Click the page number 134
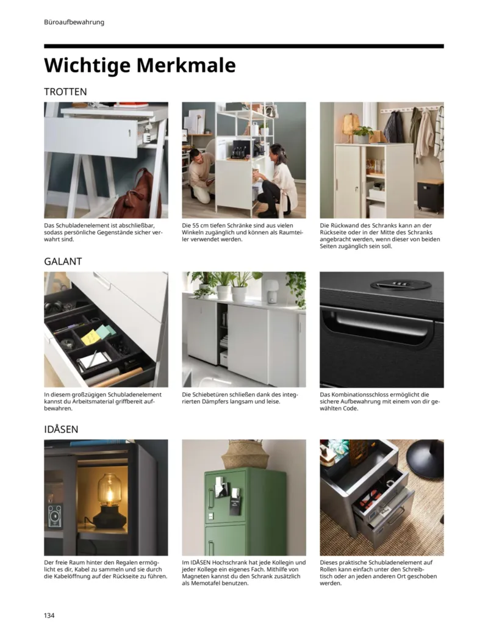pyautogui.click(x=49, y=615)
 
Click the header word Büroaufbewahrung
pyautogui.click(x=74, y=22)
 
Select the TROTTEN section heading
pyautogui.click(x=65, y=91)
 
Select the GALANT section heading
pyautogui.click(x=63, y=261)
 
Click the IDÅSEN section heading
pyautogui.click(x=61, y=429)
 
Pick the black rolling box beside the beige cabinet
pyautogui.click(x=430, y=194)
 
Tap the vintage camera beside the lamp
pyautogui.click(x=56, y=515)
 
